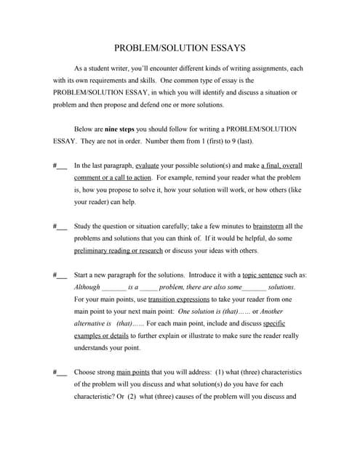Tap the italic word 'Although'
[x=87, y=287]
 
